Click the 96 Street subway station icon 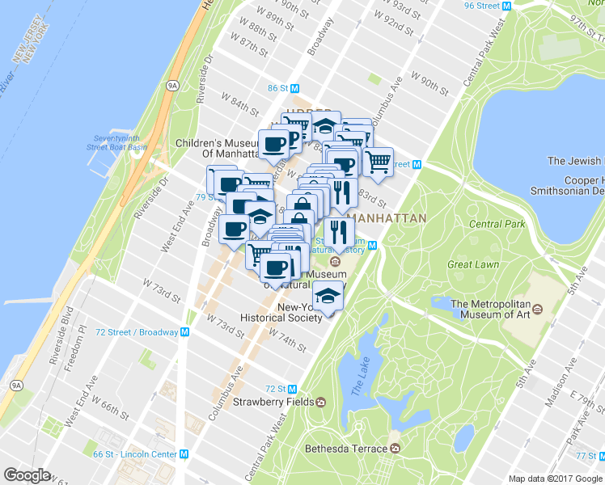pos(506,6)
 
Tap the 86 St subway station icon pos(295,88)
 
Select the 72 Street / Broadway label pos(136,332)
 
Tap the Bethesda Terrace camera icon pos(395,448)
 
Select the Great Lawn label pos(471,264)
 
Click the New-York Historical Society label pos(280,313)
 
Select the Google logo pos(27,475)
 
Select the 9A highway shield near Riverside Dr pos(172,84)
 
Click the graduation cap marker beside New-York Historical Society pos(327,298)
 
